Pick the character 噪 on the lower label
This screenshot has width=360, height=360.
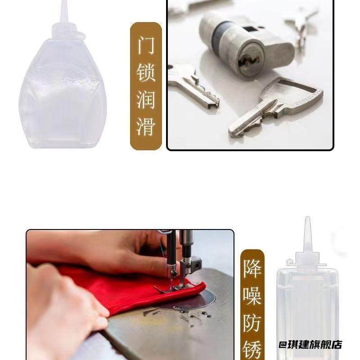tap(252, 296)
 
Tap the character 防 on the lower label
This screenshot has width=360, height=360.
tap(252, 322)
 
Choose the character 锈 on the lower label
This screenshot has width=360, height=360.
tap(252, 348)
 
